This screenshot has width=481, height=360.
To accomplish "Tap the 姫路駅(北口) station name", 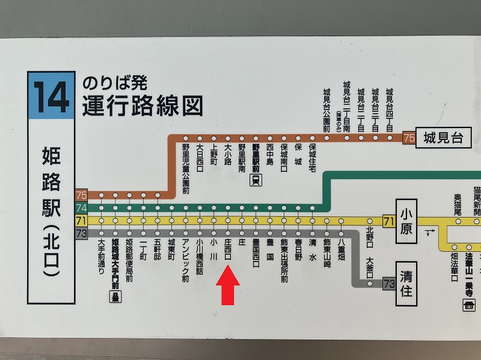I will pyautogui.click(x=51, y=212).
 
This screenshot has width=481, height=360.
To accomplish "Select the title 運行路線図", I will pyautogui.click(x=142, y=106).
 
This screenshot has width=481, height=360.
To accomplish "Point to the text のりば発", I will pyautogui.click(x=115, y=82).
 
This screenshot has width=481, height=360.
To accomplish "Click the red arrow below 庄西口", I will pyautogui.click(x=227, y=285).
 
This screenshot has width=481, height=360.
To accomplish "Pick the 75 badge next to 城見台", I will pyautogui.click(x=409, y=138).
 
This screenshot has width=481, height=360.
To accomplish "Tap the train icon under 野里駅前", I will pyautogui.click(x=256, y=180).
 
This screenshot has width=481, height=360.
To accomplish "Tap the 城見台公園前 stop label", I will pyautogui.click(x=326, y=109).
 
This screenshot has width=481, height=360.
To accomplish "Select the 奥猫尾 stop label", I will pyautogui.click(x=457, y=204).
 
